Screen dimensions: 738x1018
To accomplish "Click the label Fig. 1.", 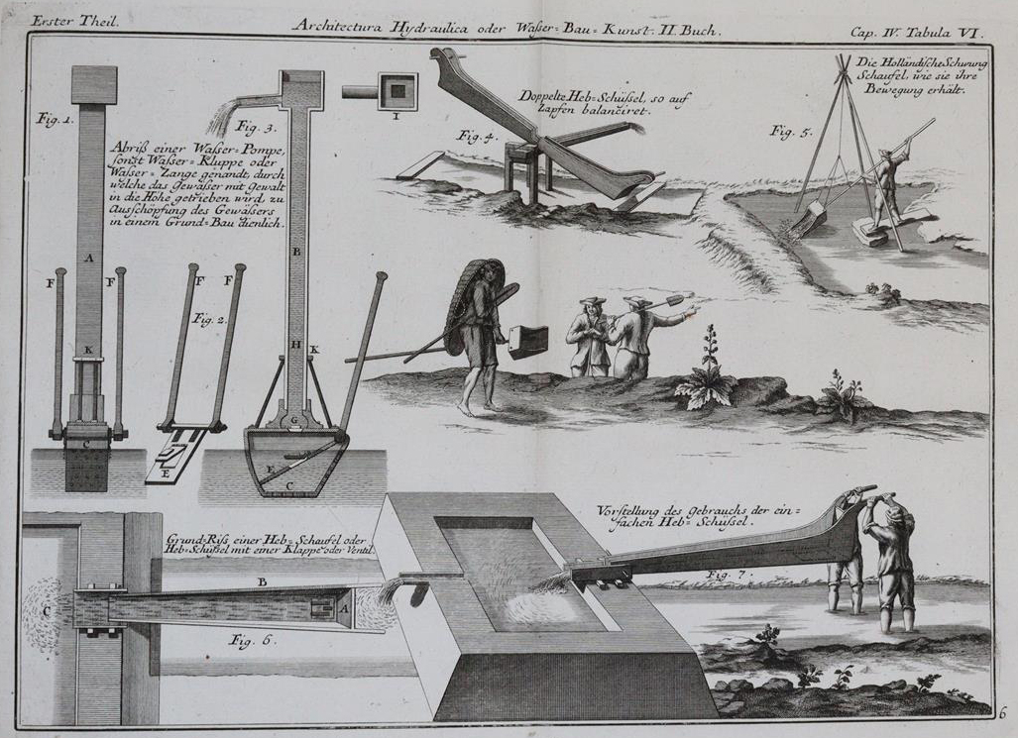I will coord(56,119).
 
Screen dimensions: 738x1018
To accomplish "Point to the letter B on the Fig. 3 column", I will coord(296,252).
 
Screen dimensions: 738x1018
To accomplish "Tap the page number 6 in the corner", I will coord(1002,711).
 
